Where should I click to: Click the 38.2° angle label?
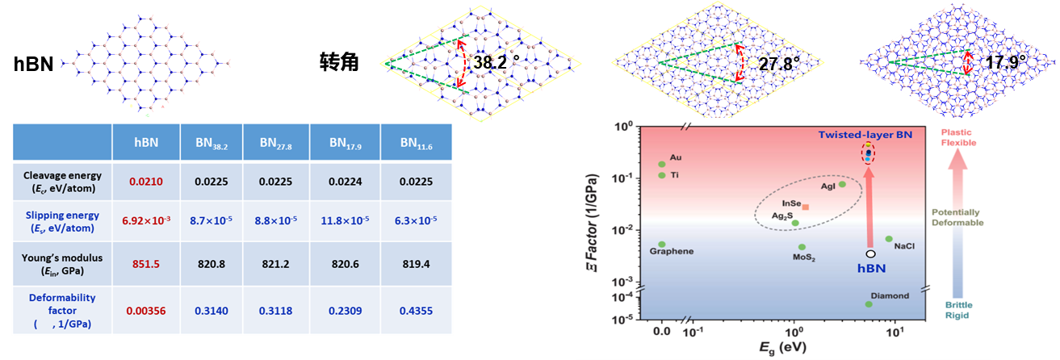point(492,62)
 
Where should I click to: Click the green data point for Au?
point(662,164)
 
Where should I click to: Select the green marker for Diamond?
point(869,304)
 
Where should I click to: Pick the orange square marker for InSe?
point(805,207)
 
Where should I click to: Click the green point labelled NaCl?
point(889,239)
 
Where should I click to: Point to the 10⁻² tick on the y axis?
point(622,230)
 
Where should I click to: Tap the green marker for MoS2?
point(802,247)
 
